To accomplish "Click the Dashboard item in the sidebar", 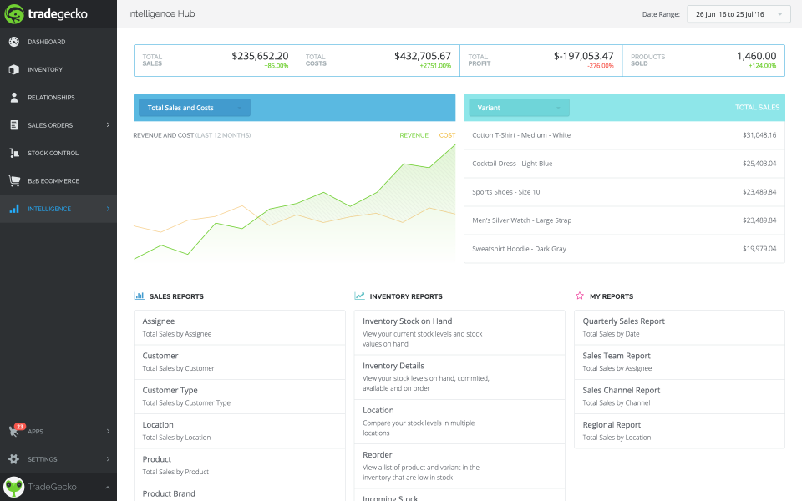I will [x=46, y=42].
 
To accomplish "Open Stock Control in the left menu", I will [x=53, y=153].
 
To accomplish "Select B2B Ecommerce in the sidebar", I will [x=53, y=180].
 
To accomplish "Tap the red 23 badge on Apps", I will [x=19, y=426].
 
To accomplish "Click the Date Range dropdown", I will [x=739, y=14].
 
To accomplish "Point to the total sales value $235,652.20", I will [x=260, y=56].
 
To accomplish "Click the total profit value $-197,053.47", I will [x=583, y=56].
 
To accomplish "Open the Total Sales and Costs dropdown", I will [x=194, y=108].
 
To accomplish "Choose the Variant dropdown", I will [x=519, y=108].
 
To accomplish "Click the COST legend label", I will [x=447, y=135].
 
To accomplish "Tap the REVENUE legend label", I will [x=414, y=135].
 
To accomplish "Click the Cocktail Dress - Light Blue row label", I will [x=512, y=164].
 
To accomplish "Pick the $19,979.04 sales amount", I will [x=759, y=249].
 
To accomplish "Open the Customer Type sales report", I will [x=170, y=390].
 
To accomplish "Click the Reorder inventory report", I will [x=378, y=455].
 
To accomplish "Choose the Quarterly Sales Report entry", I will [x=623, y=321].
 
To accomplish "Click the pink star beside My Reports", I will [x=580, y=296].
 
